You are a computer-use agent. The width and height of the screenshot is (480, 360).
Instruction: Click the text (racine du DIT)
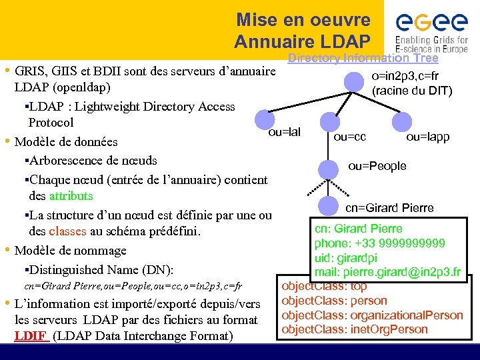click(412, 91)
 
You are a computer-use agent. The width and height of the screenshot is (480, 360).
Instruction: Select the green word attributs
click(71, 197)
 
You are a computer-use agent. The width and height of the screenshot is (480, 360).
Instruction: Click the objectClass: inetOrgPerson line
click(355, 329)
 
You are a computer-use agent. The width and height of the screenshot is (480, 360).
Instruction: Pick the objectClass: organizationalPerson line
click(372, 315)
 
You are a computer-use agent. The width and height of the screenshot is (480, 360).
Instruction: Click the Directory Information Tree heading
click(363, 58)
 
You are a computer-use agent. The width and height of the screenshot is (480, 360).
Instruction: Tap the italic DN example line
click(133, 286)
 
